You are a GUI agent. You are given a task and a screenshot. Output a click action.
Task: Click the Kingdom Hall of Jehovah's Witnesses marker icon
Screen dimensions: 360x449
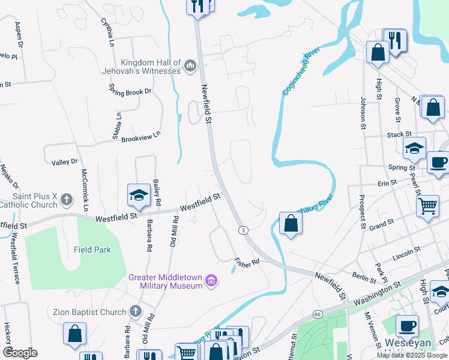[191, 65]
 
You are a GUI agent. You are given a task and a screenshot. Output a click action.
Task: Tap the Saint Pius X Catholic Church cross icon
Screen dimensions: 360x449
[67, 199]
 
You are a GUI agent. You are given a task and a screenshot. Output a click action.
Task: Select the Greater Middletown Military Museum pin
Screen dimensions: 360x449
[211, 280]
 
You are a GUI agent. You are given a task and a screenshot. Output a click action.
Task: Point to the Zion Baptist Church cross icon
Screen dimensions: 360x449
[136, 311]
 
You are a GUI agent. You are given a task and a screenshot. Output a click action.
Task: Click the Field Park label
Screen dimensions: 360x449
[92, 250]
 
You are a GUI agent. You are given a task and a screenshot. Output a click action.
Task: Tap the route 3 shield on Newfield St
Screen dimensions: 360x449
[243, 230]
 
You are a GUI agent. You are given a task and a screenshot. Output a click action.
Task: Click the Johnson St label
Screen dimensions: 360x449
[363, 112]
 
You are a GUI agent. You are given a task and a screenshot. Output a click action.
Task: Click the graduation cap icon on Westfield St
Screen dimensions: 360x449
[138, 195]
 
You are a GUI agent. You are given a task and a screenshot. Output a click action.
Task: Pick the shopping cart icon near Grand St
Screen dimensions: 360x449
[427, 206]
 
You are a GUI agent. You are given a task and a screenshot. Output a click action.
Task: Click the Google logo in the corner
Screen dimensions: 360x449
[20, 352]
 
